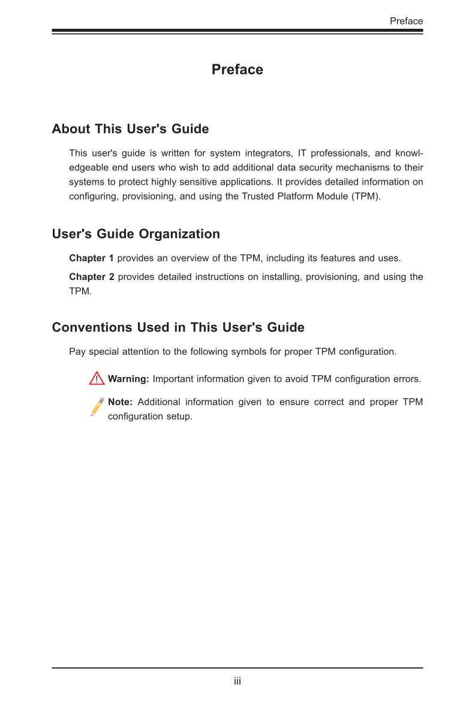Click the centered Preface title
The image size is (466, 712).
[x=237, y=70]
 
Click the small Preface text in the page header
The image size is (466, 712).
[x=406, y=21]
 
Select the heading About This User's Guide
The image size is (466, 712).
[x=130, y=129]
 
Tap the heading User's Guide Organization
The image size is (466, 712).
[x=136, y=234]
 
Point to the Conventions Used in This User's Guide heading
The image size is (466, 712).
[x=178, y=327]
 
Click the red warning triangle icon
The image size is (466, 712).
[x=96, y=378]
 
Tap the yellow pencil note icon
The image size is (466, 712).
[x=97, y=406]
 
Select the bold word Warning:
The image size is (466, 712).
[x=128, y=379]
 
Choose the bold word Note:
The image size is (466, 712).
[x=120, y=402]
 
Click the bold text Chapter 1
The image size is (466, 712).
[x=91, y=258]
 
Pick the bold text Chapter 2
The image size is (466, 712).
[x=91, y=276]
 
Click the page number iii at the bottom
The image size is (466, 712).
[x=237, y=681]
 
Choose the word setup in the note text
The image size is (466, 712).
[x=180, y=416]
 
